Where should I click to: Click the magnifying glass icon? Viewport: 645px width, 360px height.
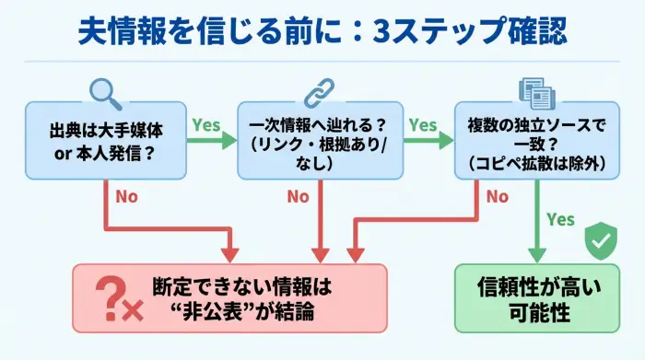click(x=104, y=88)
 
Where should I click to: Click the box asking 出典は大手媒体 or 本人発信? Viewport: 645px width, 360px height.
click(x=104, y=140)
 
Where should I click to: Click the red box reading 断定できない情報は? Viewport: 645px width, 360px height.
click(x=229, y=298)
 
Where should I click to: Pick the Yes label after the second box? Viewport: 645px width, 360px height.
click(x=422, y=124)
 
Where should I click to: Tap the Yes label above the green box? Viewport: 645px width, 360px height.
click(x=560, y=220)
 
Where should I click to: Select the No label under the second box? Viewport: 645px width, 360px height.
click(x=298, y=196)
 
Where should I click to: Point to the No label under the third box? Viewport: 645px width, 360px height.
click(x=498, y=196)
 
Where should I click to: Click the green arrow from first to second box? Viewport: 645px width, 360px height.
click(x=211, y=141)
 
